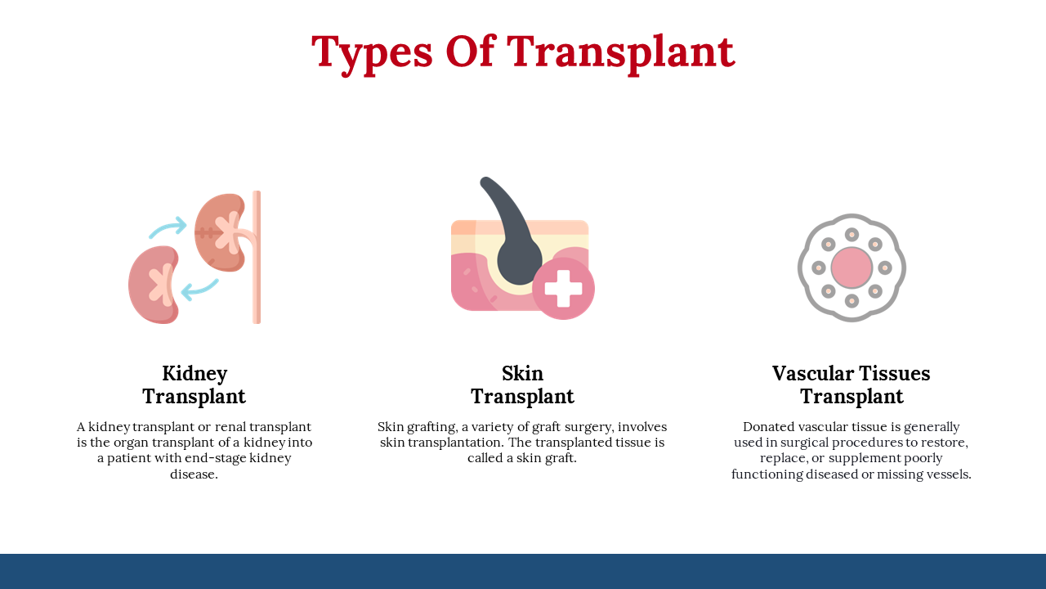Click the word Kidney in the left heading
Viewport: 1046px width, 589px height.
(194, 375)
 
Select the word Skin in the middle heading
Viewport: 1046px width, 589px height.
(522, 374)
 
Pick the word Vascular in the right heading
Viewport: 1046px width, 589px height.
(813, 374)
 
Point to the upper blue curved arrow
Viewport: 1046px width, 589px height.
(168, 227)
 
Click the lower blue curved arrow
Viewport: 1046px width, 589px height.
(199, 290)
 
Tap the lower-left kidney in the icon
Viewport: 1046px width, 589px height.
(154, 285)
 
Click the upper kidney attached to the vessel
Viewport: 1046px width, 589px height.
(220, 232)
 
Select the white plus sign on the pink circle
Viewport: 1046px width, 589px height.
(563, 289)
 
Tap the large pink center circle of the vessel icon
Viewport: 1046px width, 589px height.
(852, 268)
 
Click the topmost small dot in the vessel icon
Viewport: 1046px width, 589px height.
(852, 235)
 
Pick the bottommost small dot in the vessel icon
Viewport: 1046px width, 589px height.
(852, 300)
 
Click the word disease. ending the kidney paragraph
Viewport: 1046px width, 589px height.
(194, 474)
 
